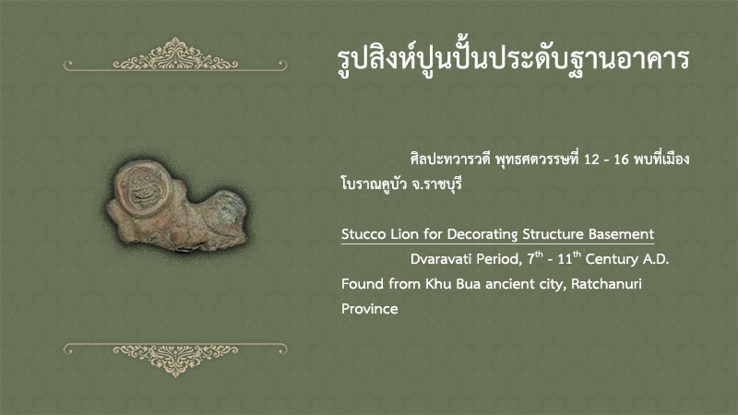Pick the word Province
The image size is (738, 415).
click(x=370, y=309)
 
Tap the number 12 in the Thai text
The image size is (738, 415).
click(x=591, y=160)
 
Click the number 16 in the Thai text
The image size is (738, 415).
click(x=621, y=160)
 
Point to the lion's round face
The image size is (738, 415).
click(x=143, y=188)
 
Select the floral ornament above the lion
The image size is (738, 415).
click(x=175, y=55)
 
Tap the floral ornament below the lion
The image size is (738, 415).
click(x=175, y=359)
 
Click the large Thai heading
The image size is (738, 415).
click(x=513, y=59)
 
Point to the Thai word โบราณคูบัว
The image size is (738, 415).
click(x=374, y=184)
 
